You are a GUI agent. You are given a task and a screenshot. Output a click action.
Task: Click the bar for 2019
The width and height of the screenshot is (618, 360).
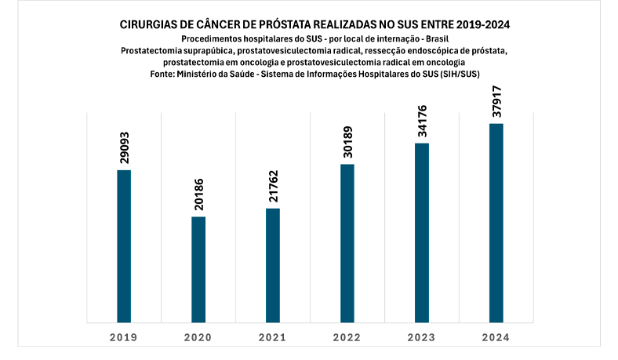tap(124, 245)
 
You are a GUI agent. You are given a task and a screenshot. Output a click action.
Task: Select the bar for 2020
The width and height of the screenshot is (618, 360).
tap(198, 269)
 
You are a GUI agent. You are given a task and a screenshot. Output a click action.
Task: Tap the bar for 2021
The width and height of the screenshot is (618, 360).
tap(273, 265)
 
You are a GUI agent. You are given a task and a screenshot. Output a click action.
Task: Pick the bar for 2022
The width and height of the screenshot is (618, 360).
tap(347, 243)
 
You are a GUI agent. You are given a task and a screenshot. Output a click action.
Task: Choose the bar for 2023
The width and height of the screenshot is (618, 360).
tap(422, 232)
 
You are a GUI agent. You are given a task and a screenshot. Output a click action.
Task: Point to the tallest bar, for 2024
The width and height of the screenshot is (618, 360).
tap(496, 223)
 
